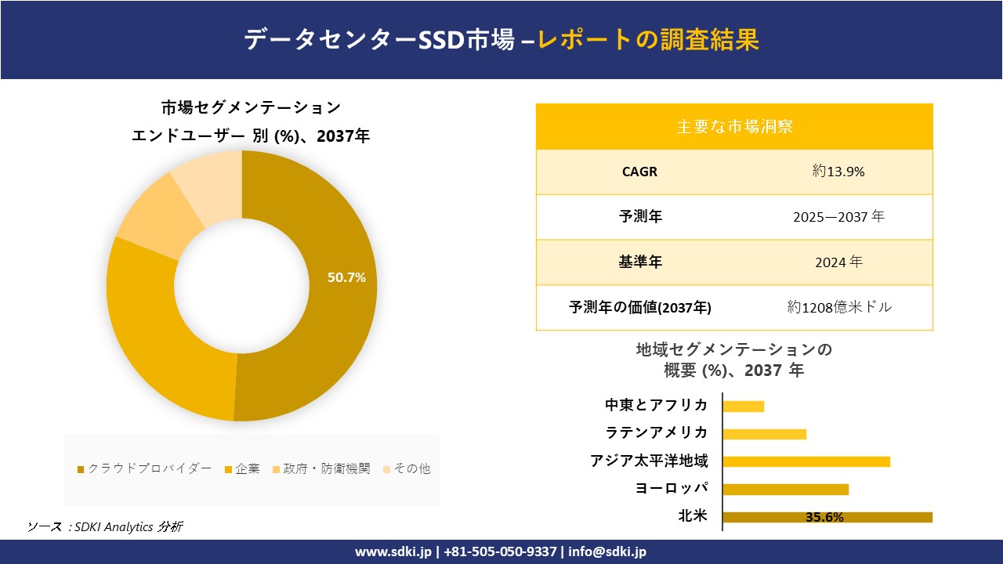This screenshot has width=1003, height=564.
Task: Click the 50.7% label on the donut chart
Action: tap(346, 277)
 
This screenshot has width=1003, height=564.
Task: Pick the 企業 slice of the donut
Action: tap(157, 345)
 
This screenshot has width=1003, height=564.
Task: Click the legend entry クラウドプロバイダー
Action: tap(144, 468)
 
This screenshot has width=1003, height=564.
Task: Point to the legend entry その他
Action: tap(406, 468)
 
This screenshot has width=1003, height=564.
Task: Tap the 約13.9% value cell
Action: tap(838, 172)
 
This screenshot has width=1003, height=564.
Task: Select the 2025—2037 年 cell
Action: tap(838, 217)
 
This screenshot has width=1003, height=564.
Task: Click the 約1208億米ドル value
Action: tap(839, 307)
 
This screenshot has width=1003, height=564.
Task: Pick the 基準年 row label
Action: tap(640, 262)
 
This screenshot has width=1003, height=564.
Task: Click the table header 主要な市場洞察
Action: tap(734, 126)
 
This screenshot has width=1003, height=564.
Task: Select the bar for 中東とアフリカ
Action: tap(743, 406)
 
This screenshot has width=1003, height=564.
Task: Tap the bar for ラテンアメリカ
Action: tap(764, 434)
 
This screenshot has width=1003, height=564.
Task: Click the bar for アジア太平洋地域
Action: tap(806, 461)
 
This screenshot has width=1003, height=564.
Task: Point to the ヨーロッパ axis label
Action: tap(672, 489)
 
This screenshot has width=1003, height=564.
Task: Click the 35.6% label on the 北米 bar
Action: tap(824, 517)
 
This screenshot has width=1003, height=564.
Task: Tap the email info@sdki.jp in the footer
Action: tap(607, 552)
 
